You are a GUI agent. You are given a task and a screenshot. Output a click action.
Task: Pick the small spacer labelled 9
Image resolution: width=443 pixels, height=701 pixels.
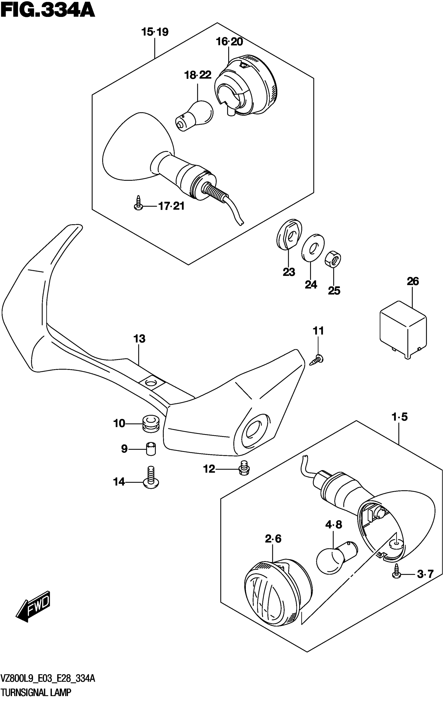[151, 449]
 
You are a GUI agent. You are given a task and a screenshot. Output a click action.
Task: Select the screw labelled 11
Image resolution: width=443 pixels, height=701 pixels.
[317, 361]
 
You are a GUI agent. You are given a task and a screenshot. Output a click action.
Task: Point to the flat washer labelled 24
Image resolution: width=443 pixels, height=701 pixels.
[313, 246]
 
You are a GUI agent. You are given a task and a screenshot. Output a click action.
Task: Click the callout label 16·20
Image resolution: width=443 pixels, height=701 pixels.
[229, 42]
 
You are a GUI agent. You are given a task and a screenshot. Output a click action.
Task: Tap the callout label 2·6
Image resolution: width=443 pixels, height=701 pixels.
[273, 539]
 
